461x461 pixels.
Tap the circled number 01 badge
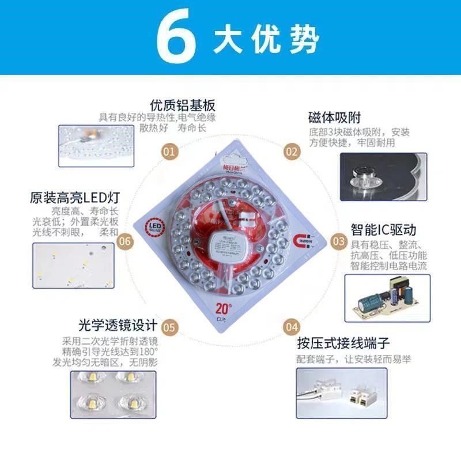169,152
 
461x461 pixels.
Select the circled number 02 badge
292,152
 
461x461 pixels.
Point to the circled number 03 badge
339,241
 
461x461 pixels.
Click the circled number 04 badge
292,327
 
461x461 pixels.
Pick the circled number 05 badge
169,327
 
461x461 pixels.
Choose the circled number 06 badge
124,241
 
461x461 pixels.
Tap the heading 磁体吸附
334,118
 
